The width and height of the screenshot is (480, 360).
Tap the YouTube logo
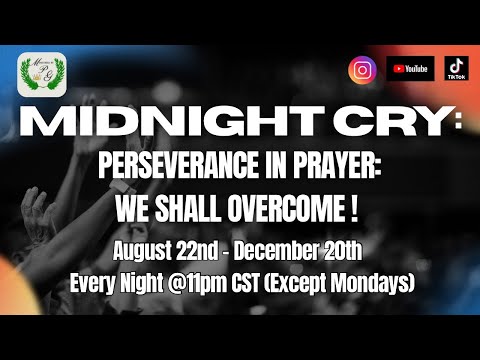(x=410, y=69)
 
